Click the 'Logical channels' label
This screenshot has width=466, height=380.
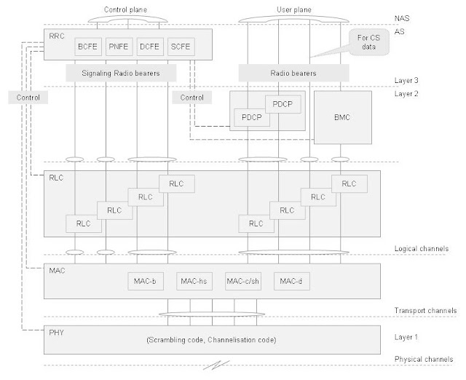pos(420,249)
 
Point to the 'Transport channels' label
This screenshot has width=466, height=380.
pos(424,311)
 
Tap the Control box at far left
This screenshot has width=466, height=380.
pos(24,96)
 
